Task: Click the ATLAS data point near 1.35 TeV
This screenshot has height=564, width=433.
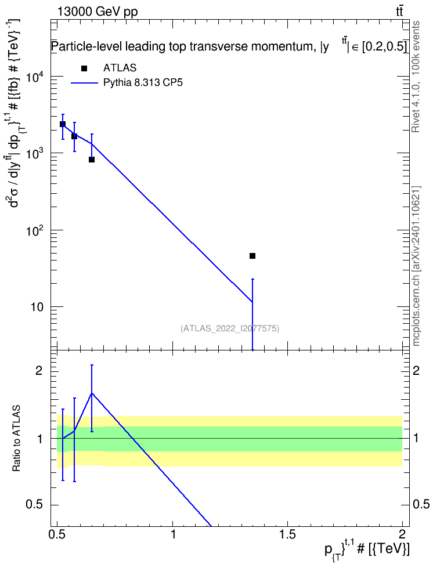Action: point(252,256)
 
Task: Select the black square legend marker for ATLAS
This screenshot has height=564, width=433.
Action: point(84,68)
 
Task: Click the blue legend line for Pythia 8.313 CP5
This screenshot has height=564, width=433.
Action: point(84,83)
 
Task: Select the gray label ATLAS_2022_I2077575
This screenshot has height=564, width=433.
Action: point(230,328)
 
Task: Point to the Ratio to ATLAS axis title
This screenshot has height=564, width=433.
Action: point(16,439)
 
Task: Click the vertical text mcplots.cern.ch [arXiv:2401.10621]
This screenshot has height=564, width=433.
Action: point(416,266)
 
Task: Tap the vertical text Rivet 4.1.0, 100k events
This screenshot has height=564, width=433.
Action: point(416,77)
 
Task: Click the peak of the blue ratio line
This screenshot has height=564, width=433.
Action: point(92,393)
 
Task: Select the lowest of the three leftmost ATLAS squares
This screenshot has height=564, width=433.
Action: point(92,160)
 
